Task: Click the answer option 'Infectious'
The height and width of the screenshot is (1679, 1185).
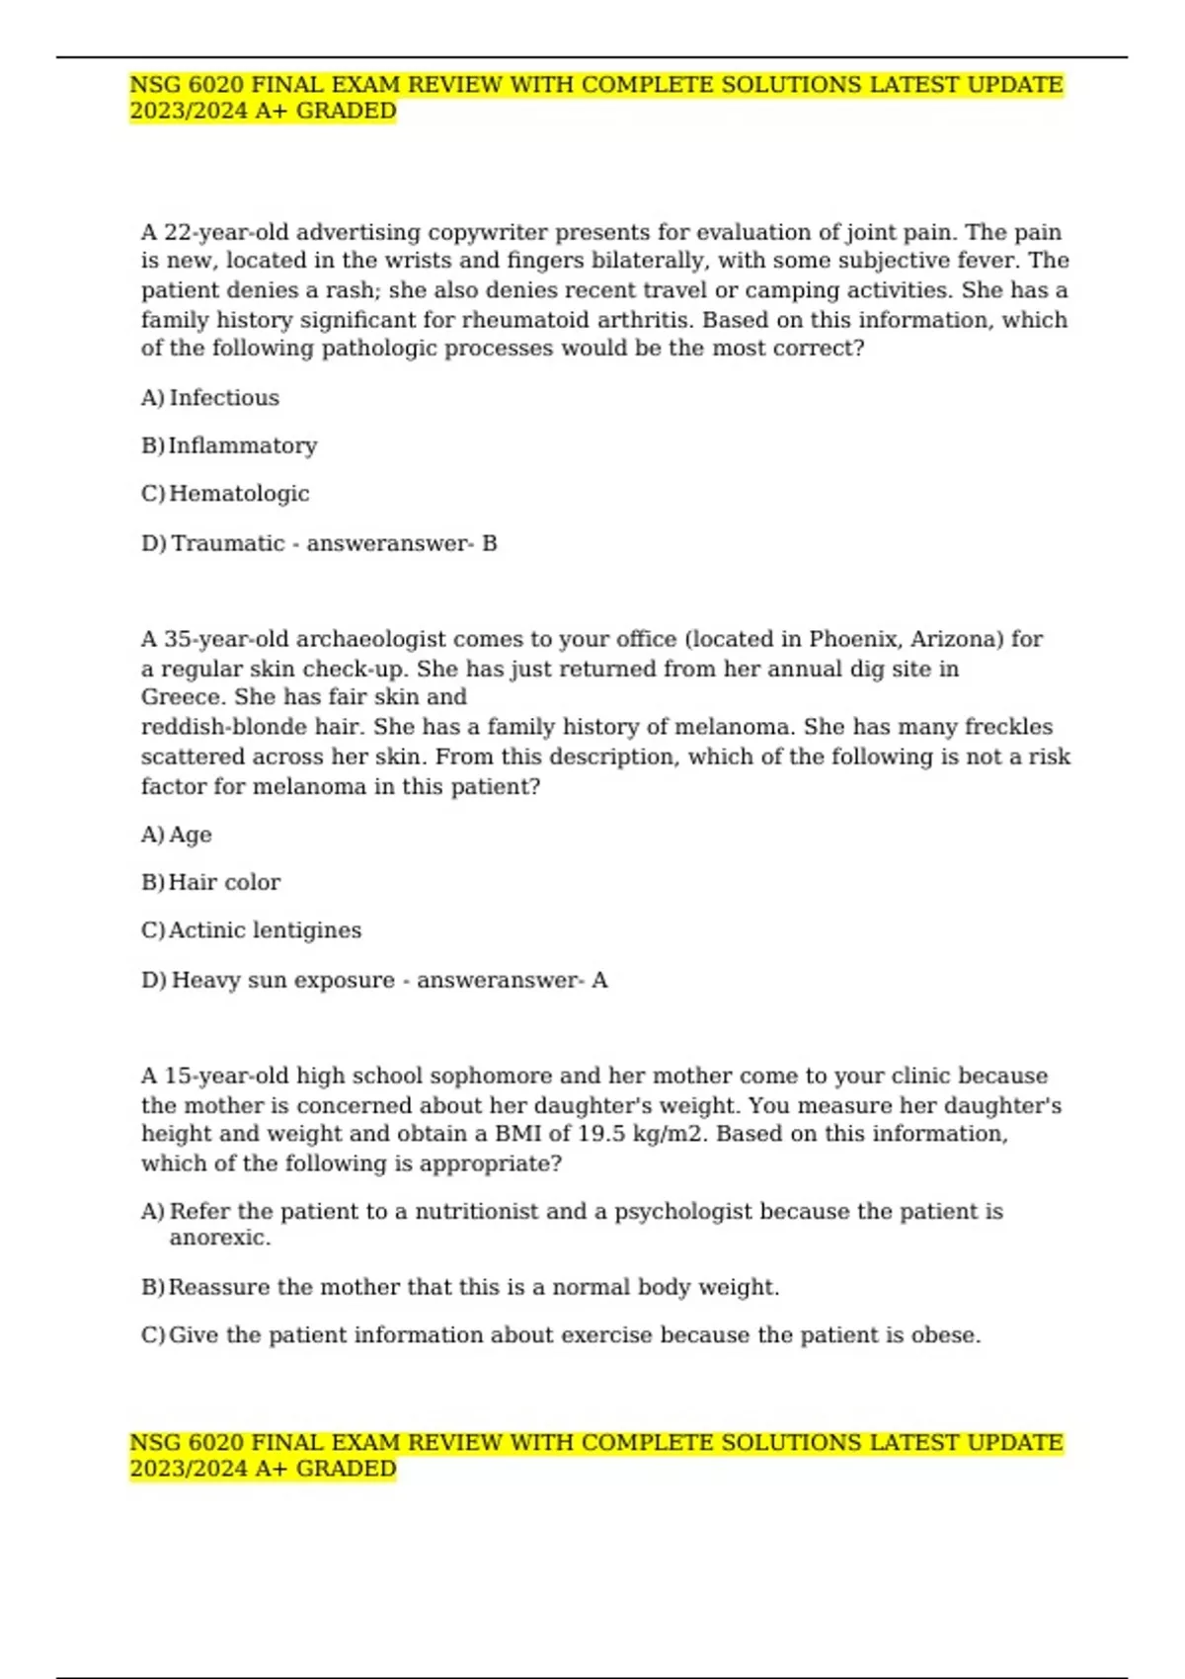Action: pyautogui.click(x=224, y=398)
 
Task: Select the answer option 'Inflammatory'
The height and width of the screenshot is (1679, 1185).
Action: pyautogui.click(x=243, y=446)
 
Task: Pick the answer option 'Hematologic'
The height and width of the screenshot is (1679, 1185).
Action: pyautogui.click(x=239, y=494)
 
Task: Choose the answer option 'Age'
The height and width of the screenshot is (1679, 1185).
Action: pyautogui.click(x=191, y=836)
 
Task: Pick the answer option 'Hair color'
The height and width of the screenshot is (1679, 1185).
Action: pyautogui.click(x=224, y=883)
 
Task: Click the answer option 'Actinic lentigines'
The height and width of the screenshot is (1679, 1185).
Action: pyautogui.click(x=265, y=930)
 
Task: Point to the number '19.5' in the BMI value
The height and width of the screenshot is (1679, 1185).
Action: pyautogui.click(x=601, y=1134)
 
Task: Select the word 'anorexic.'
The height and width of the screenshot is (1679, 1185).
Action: pyautogui.click(x=219, y=1239)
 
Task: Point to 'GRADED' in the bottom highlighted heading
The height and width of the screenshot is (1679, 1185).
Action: pyautogui.click(x=346, y=1469)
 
